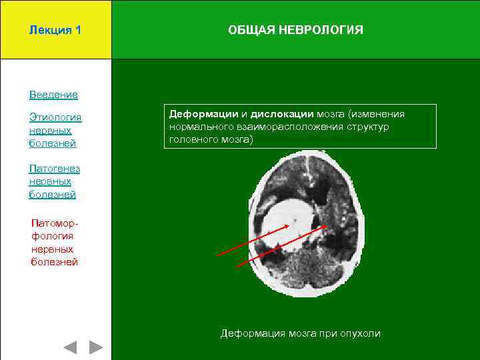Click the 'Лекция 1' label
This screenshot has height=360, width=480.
(55, 30)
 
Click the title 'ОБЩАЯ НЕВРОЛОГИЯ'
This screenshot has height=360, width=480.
(295, 30)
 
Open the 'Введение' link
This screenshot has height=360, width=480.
(53, 95)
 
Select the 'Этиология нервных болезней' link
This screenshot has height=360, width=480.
(55, 130)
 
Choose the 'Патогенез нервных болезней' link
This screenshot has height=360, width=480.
(55, 181)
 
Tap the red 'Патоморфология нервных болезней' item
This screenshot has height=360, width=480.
(55, 242)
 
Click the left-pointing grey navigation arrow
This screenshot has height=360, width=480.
(70, 347)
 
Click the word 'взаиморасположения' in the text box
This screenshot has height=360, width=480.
(289, 127)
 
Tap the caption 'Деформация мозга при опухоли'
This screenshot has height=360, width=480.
(301, 333)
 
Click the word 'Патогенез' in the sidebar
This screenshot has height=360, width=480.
(55, 169)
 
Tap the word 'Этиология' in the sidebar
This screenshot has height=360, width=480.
(55, 117)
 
